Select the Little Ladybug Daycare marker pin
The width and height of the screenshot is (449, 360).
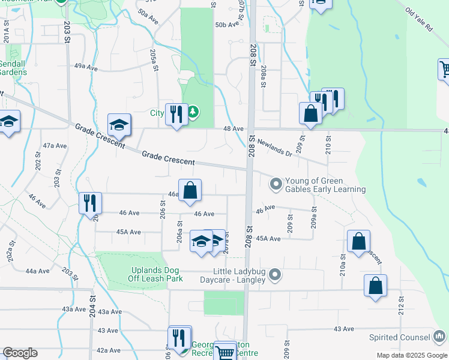pos(276,275)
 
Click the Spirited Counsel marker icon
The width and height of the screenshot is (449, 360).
pos(440,337)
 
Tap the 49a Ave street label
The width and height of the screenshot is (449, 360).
pos(85,68)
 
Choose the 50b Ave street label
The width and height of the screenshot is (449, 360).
pos(227,25)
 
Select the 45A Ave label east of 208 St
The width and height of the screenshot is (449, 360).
pos(268,239)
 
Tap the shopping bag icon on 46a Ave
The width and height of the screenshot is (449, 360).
pos(190,190)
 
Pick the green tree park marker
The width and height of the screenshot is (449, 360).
pos(193,112)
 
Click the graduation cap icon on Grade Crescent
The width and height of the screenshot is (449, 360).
pos(119,125)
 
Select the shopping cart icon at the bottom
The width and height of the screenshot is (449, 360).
pos(225,352)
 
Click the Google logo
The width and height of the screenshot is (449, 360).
pos(20,353)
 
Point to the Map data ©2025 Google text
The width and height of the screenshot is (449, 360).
pos(411,355)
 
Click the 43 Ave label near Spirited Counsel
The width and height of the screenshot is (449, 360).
pos(344,329)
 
